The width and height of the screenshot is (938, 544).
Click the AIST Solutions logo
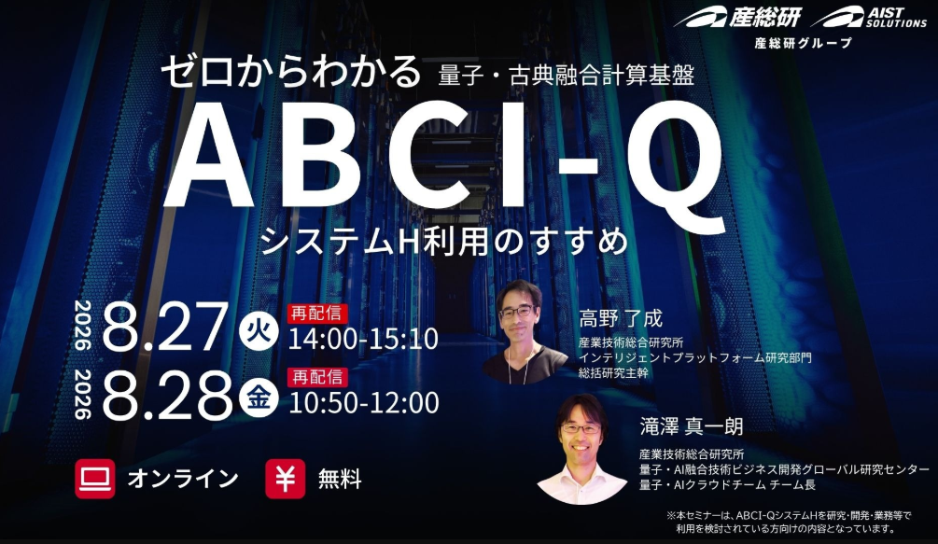tap(868, 17)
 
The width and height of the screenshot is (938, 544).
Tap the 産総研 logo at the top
tap(737, 17)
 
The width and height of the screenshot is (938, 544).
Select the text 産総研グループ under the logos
tap(803, 43)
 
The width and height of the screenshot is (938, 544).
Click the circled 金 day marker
tap(259, 397)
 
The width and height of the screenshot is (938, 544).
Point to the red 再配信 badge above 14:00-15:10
tap(317, 314)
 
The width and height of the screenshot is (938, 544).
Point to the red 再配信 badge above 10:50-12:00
tap(317, 377)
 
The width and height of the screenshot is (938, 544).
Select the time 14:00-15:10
tap(364, 339)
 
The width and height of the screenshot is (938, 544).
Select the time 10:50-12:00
tap(364, 402)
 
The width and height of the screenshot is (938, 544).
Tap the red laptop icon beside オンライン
tap(95, 479)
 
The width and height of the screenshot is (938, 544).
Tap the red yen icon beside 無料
tap(286, 479)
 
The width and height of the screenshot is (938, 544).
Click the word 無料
tap(340, 479)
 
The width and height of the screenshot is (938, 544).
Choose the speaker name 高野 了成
tap(621, 318)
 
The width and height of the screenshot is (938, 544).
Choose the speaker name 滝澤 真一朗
tap(692, 426)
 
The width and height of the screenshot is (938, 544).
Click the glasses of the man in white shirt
tap(581, 428)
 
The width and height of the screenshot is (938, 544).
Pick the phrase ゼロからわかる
tap(291, 72)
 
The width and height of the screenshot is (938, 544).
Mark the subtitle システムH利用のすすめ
tap(444, 242)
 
